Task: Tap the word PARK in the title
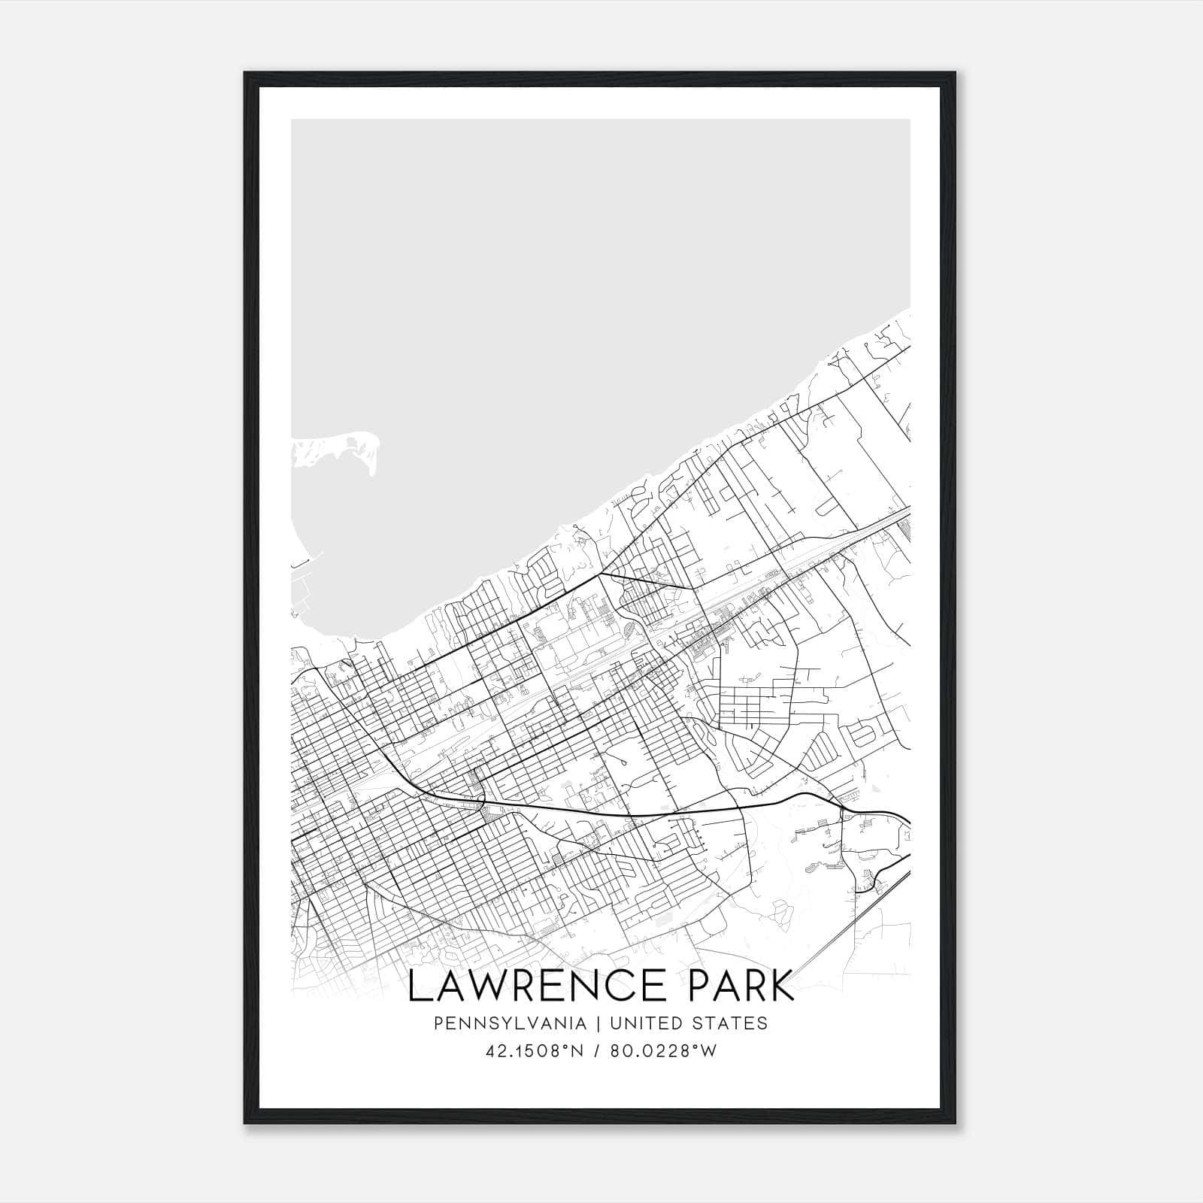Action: coord(734,986)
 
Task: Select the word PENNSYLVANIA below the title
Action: coord(510,1023)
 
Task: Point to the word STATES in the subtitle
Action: coord(729,1023)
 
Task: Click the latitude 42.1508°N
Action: coord(535,1051)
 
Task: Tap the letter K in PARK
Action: coord(781,986)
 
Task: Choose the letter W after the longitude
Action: coord(708,1051)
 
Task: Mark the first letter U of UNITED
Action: coord(616,1023)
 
